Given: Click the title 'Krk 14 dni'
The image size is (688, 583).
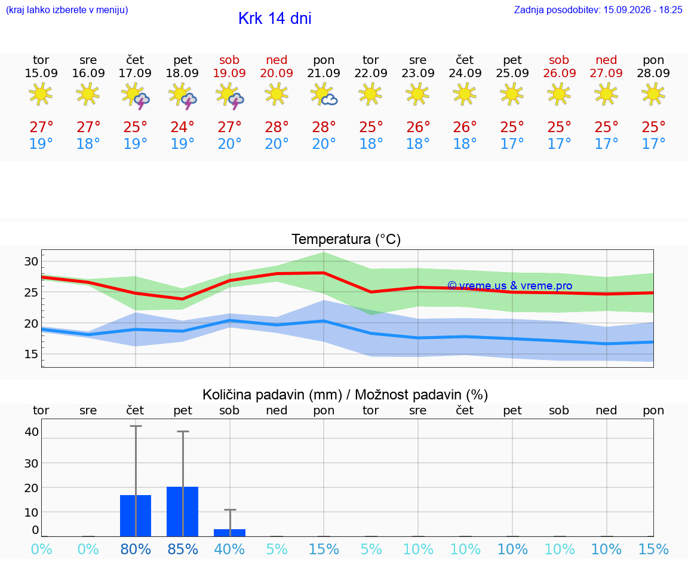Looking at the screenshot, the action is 275,19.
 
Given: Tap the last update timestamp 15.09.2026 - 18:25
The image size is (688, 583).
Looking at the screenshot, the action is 643,10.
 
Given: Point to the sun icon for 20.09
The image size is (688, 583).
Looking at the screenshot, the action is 277,94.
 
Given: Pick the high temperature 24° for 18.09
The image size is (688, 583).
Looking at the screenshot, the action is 183,127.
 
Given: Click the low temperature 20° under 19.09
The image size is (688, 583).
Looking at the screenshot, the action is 229,144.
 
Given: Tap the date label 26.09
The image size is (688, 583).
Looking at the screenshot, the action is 559,73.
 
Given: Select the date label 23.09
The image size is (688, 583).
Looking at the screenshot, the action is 417,73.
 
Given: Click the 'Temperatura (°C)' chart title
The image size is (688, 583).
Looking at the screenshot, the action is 346,239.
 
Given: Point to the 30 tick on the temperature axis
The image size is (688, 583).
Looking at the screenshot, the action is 31,261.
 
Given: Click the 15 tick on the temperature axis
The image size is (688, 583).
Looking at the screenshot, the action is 31,354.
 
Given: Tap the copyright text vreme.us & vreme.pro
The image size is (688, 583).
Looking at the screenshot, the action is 510,286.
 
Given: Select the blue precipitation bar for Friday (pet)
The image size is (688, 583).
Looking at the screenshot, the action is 183,511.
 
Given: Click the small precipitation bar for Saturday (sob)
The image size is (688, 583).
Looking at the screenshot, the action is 229,533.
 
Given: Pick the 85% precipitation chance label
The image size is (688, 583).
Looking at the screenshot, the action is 183,549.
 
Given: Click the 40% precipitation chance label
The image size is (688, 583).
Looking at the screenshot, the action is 229,549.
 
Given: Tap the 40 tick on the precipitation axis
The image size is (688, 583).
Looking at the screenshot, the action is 32,432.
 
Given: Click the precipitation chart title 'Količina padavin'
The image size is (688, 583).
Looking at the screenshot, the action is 272,395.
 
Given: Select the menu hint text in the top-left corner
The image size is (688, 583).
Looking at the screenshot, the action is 67,10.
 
